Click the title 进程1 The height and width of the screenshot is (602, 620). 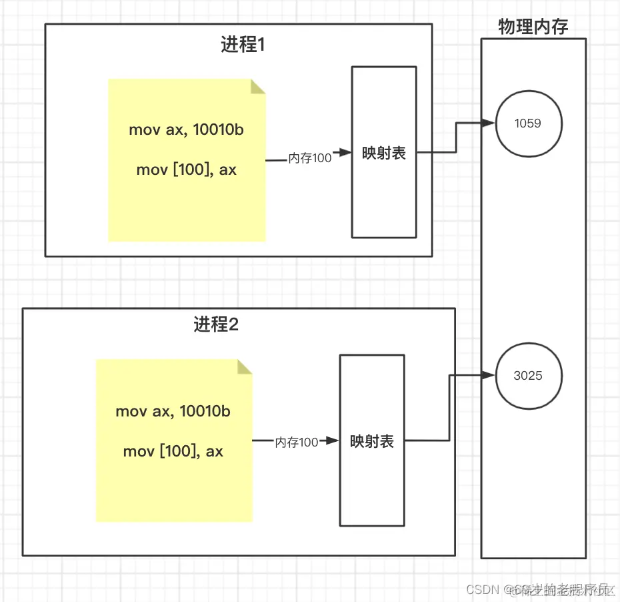tap(243, 45)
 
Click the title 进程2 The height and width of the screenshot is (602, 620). tap(216, 325)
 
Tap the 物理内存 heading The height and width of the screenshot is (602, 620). tap(533, 27)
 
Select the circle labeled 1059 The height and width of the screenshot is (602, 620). tap(529, 123)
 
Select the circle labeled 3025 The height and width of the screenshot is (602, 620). tap(529, 375)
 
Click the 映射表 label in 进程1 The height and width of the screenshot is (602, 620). tap(384, 153)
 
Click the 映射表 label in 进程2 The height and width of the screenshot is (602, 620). tap(372, 441)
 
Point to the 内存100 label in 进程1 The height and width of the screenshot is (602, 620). tap(310, 158)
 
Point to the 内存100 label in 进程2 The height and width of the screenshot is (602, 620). tap(297, 442)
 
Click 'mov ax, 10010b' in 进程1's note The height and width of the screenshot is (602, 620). tap(186, 129)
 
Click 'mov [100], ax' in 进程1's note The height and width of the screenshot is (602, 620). tap(186, 170)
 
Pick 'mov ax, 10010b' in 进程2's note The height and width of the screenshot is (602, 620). tap(173, 411)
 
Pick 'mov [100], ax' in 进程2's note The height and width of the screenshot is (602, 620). tap(173, 451)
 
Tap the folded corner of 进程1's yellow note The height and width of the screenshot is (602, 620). tap(258, 87)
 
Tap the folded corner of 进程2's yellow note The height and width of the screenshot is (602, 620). tap(245, 367)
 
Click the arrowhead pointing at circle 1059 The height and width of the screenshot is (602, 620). tap(489, 123)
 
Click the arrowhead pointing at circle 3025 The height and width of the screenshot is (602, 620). tap(489, 376)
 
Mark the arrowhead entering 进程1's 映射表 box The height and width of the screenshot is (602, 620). tap(345, 153)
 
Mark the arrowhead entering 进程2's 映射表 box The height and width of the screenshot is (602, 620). tap(333, 441)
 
